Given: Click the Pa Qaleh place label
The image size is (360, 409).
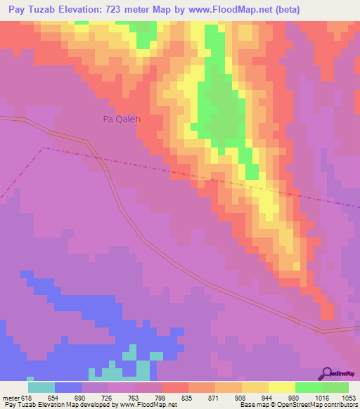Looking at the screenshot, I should [122, 119].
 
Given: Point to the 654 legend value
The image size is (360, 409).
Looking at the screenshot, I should [46, 397].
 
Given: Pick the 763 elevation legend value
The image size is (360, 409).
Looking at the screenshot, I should [124, 397].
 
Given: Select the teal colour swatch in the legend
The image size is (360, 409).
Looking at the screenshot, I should [41, 387].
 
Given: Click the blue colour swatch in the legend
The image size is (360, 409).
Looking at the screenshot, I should [68, 387].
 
